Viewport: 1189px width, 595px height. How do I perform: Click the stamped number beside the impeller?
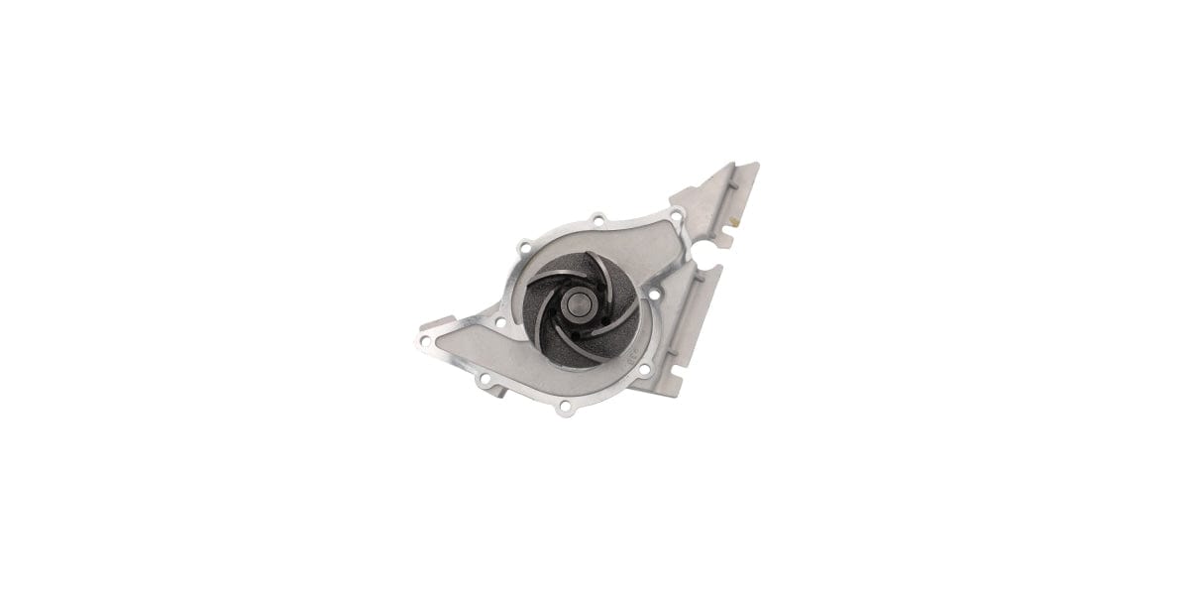pos(627,352)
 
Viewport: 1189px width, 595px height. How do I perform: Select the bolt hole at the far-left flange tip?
pos(425,340)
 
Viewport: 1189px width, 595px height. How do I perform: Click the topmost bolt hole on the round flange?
pos(597,218)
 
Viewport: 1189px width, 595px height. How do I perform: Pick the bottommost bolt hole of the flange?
pos(565,407)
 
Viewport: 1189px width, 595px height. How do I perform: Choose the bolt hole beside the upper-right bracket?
pos(676,215)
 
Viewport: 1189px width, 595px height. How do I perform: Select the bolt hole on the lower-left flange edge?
pos(483,379)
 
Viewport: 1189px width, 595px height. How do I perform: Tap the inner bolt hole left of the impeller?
pos(501,322)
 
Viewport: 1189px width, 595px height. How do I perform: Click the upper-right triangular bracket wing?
pos(728,193)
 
